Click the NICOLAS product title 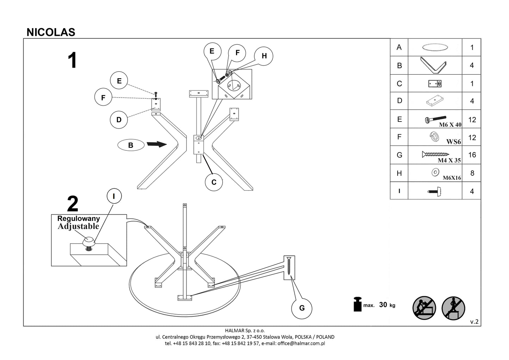point(51,32)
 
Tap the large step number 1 point(72,61)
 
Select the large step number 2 point(73,204)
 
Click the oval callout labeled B point(131,145)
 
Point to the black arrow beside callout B point(156,144)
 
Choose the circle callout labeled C point(214,182)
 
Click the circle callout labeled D point(119,120)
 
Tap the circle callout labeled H point(264,56)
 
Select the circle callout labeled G point(302,308)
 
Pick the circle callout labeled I point(113,196)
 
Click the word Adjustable point(78,226)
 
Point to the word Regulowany point(79,219)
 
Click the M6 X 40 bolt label point(450,125)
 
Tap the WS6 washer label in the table point(453,142)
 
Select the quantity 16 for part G point(472,155)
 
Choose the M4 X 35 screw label point(449,160)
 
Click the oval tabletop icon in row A point(435,47)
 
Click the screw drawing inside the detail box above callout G point(289,267)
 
